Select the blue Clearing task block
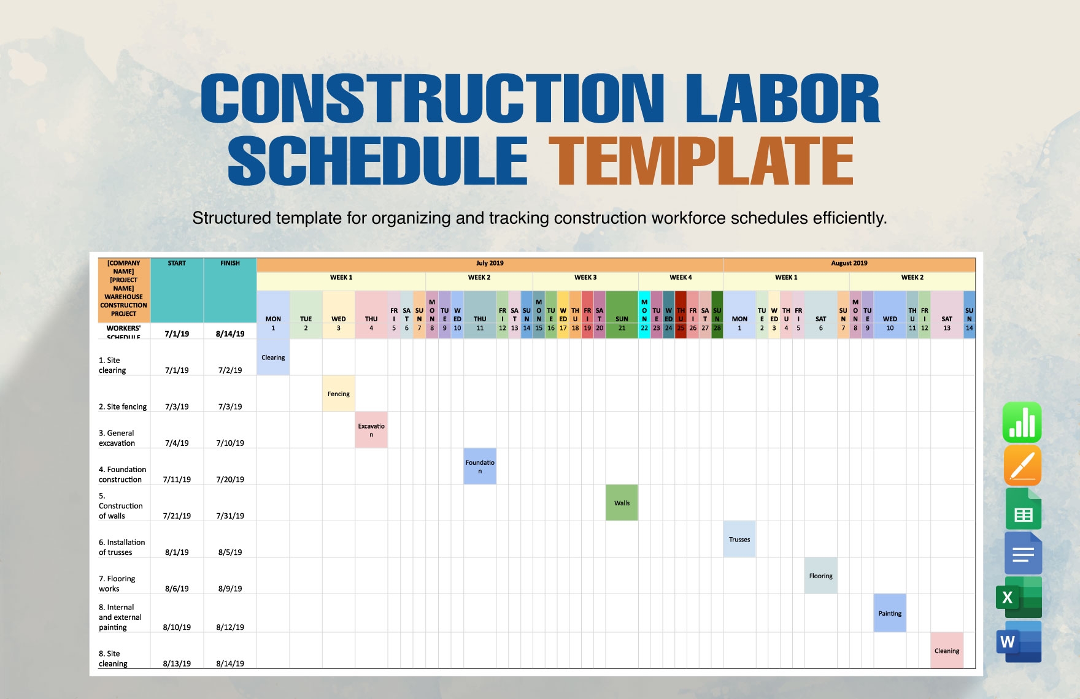[x=273, y=357]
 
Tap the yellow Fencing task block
[x=338, y=394]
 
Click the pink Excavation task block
[x=371, y=430]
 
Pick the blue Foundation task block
[x=480, y=467]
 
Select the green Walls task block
[x=622, y=503]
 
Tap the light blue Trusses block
[x=739, y=540]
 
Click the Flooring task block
[x=820, y=576]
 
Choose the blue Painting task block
[x=890, y=613]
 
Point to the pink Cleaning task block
[x=947, y=651]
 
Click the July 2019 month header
[x=490, y=264]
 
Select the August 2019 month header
[x=849, y=264]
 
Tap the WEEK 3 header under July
[x=585, y=278]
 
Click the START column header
[x=177, y=264]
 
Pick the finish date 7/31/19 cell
[x=230, y=516]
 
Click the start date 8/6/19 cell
[x=177, y=589]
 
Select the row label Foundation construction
[x=122, y=474]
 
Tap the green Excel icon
[x=1019, y=597]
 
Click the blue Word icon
[x=1019, y=642]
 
